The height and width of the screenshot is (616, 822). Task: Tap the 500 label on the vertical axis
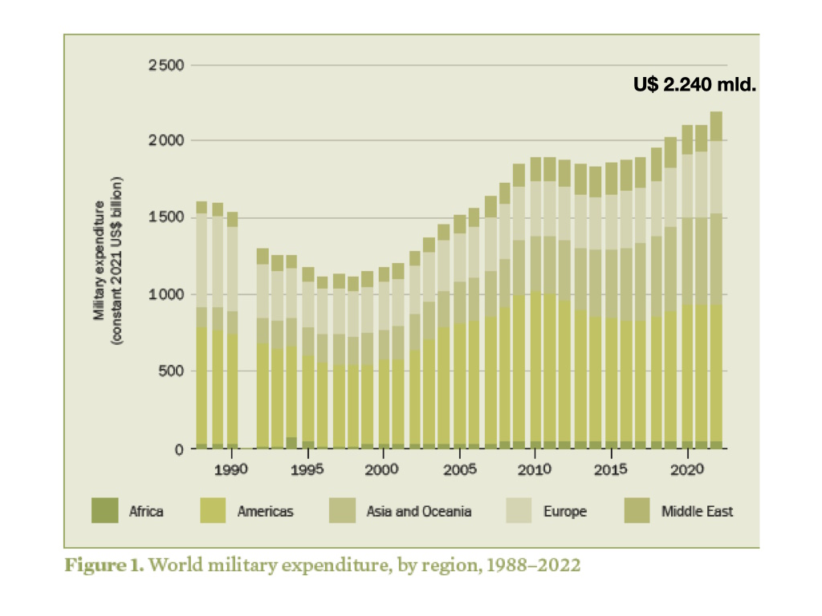coord(170,371)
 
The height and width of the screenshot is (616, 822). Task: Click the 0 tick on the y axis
coord(179,448)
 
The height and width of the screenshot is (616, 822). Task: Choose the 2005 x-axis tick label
coord(458,468)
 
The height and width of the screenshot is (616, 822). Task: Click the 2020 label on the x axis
coord(687,468)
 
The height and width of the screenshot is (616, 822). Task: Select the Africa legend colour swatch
coord(104,510)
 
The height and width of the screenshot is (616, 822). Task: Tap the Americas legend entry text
coord(264,511)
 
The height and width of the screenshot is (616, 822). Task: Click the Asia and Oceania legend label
coord(419,511)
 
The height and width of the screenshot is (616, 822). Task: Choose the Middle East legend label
coord(697,511)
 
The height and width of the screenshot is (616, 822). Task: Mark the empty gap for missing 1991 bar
coord(247,361)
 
